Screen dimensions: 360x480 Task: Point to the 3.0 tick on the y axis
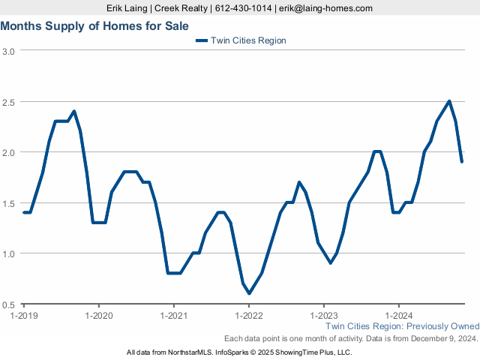pyautogui.click(x=9, y=51)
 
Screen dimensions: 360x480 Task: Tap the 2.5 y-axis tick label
pyautogui.click(x=9, y=101)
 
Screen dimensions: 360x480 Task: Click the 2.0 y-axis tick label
pyautogui.click(x=9, y=152)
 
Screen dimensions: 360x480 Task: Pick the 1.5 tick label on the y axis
pyautogui.click(x=9, y=203)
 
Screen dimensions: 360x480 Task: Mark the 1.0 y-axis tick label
pyautogui.click(x=9, y=253)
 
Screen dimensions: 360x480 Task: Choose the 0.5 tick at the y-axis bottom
pyautogui.click(x=9, y=304)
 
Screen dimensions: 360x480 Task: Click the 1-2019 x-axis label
pyautogui.click(x=24, y=315)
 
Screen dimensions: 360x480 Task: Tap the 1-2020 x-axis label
pyautogui.click(x=98, y=315)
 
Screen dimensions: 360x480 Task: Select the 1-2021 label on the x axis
pyautogui.click(x=173, y=315)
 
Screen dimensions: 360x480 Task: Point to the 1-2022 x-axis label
pyautogui.click(x=248, y=315)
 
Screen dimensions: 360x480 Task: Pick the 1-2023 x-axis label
pyautogui.click(x=323, y=315)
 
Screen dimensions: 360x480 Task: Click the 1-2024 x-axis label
pyautogui.click(x=398, y=315)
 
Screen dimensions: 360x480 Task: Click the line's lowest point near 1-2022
pyautogui.click(x=249, y=293)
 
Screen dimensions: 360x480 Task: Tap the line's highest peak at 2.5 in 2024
pyautogui.click(x=449, y=101)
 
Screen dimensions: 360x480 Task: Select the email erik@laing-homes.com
pyautogui.click(x=325, y=7)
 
